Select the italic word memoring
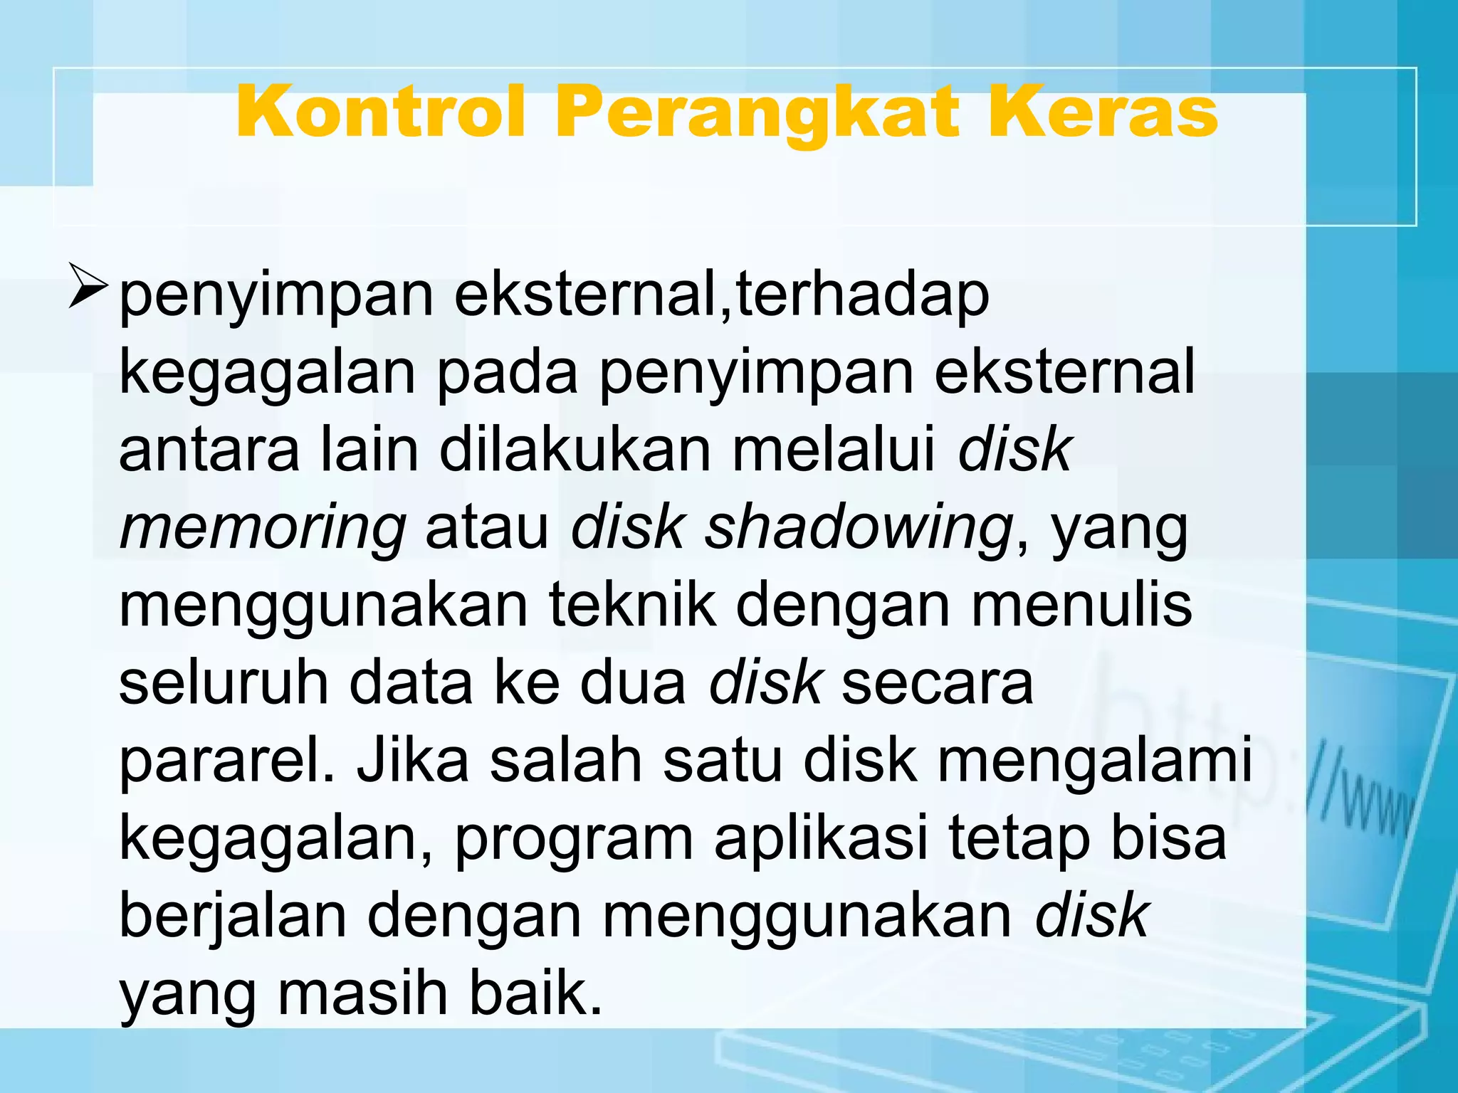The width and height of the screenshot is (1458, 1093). click(x=263, y=530)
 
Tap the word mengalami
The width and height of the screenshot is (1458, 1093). click(x=1094, y=763)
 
